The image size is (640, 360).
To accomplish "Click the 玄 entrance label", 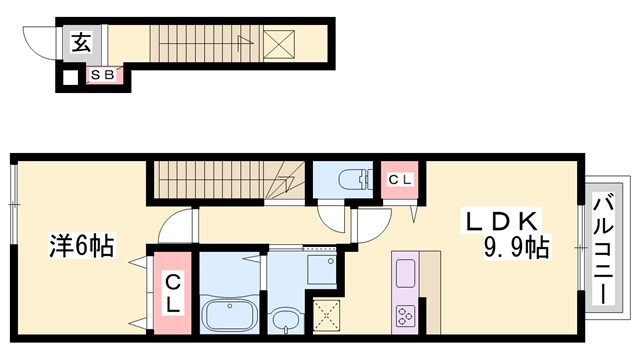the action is [x=82, y=43].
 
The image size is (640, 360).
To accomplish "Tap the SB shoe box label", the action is [x=103, y=75].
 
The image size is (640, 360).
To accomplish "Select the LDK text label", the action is [x=502, y=221].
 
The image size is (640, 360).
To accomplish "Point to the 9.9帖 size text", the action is [x=516, y=247].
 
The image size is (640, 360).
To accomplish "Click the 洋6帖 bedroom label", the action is [x=82, y=245].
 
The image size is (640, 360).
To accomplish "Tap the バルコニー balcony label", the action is [x=604, y=250].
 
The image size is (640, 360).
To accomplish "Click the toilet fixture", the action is [x=356, y=179].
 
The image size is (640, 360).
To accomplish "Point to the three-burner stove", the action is [x=405, y=316].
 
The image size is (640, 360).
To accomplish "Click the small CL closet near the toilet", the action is [x=400, y=180].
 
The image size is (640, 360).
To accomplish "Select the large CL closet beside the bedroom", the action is [x=173, y=293].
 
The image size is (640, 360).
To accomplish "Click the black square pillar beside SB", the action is [x=71, y=78].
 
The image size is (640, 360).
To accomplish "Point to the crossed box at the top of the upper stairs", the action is [x=279, y=44].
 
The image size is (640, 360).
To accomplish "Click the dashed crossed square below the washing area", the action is [x=326, y=316].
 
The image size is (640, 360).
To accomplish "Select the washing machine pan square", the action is [x=322, y=269].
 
